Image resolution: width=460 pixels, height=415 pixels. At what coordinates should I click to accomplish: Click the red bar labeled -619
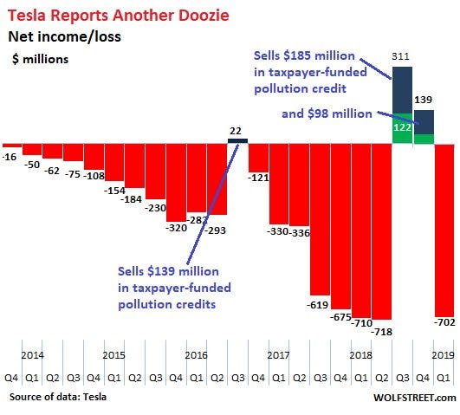[x=320, y=219]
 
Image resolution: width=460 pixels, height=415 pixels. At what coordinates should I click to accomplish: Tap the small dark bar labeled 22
[x=237, y=141]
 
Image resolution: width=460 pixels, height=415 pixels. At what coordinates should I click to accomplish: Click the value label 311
[x=400, y=56]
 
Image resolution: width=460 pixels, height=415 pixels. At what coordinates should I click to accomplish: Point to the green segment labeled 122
[x=402, y=128]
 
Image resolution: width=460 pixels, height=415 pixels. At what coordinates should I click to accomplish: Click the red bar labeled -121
[x=258, y=158]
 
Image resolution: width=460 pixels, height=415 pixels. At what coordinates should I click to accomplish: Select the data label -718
[x=382, y=332]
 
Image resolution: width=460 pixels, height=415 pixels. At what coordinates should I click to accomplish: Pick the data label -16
[x=9, y=157]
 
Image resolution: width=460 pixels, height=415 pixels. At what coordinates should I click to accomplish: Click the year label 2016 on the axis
[x=197, y=355]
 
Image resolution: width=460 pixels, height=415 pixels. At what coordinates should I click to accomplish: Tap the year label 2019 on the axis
[x=443, y=355]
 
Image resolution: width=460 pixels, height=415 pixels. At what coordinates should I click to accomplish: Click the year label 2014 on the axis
[x=32, y=355]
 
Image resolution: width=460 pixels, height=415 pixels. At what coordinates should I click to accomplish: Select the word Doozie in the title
[x=204, y=16]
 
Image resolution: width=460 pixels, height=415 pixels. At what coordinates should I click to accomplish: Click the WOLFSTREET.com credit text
[x=415, y=398]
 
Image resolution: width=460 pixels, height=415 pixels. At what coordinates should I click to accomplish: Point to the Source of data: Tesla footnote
[x=58, y=397]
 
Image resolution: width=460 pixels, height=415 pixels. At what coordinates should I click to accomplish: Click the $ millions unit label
[x=40, y=59]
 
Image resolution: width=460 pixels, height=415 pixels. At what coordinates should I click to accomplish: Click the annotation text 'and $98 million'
[x=327, y=113]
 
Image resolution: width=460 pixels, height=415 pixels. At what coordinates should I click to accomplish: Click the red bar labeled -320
[x=176, y=183]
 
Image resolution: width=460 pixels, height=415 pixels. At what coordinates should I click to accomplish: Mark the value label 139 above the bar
[x=423, y=100]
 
